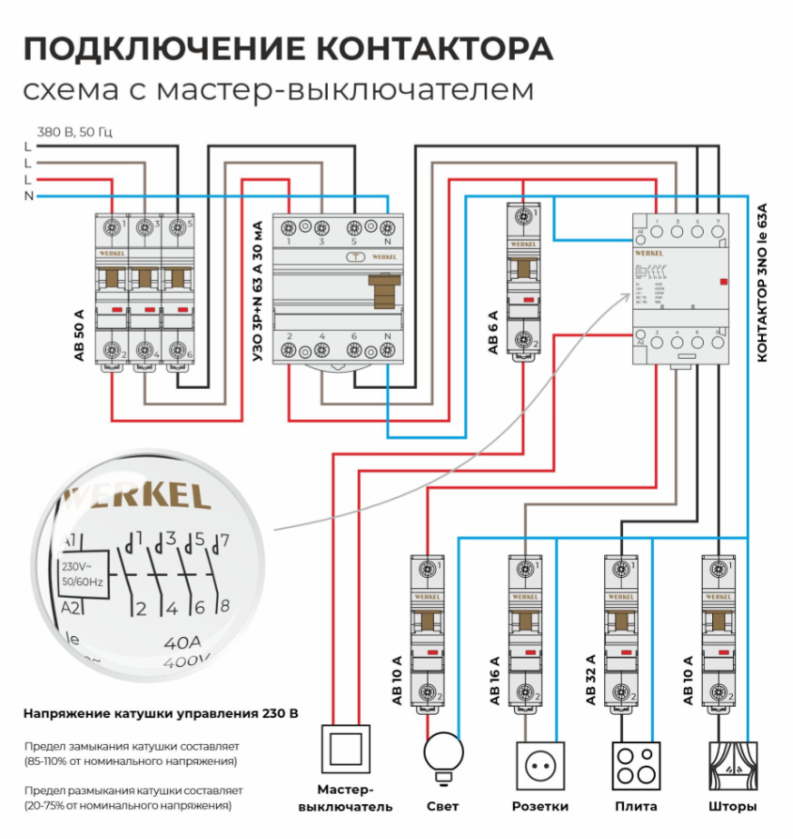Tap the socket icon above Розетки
[x=540, y=766]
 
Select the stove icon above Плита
[x=636, y=766]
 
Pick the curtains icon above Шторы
[x=733, y=766]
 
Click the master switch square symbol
[x=348, y=749]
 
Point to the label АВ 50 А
[x=79, y=335]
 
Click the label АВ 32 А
[x=591, y=678]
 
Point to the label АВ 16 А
[x=493, y=678]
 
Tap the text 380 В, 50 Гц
[x=75, y=131]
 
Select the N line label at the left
[x=28, y=195]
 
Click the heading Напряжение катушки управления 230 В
[x=161, y=714]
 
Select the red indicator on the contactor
[x=721, y=280]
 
